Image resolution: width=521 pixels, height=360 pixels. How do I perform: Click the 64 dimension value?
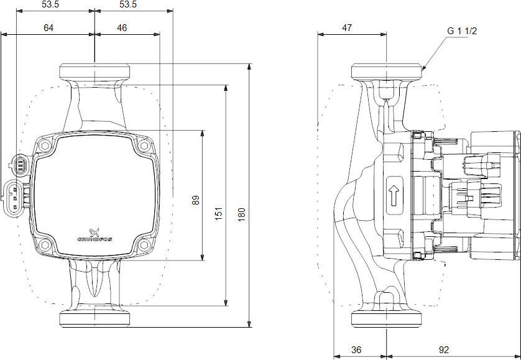(48, 27)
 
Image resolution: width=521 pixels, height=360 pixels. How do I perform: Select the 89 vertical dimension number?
(195, 200)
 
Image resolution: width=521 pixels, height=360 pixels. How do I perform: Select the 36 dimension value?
(356, 349)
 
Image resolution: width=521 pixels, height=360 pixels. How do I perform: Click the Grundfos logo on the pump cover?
(94, 233)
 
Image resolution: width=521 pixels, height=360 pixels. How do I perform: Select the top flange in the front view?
(95, 70)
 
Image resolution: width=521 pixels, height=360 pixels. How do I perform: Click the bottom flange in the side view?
(387, 318)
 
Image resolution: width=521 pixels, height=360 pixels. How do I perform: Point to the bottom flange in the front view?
(95, 318)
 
